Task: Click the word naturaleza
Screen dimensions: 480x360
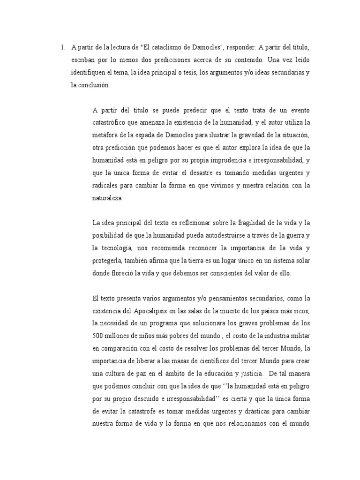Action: (107, 198)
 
